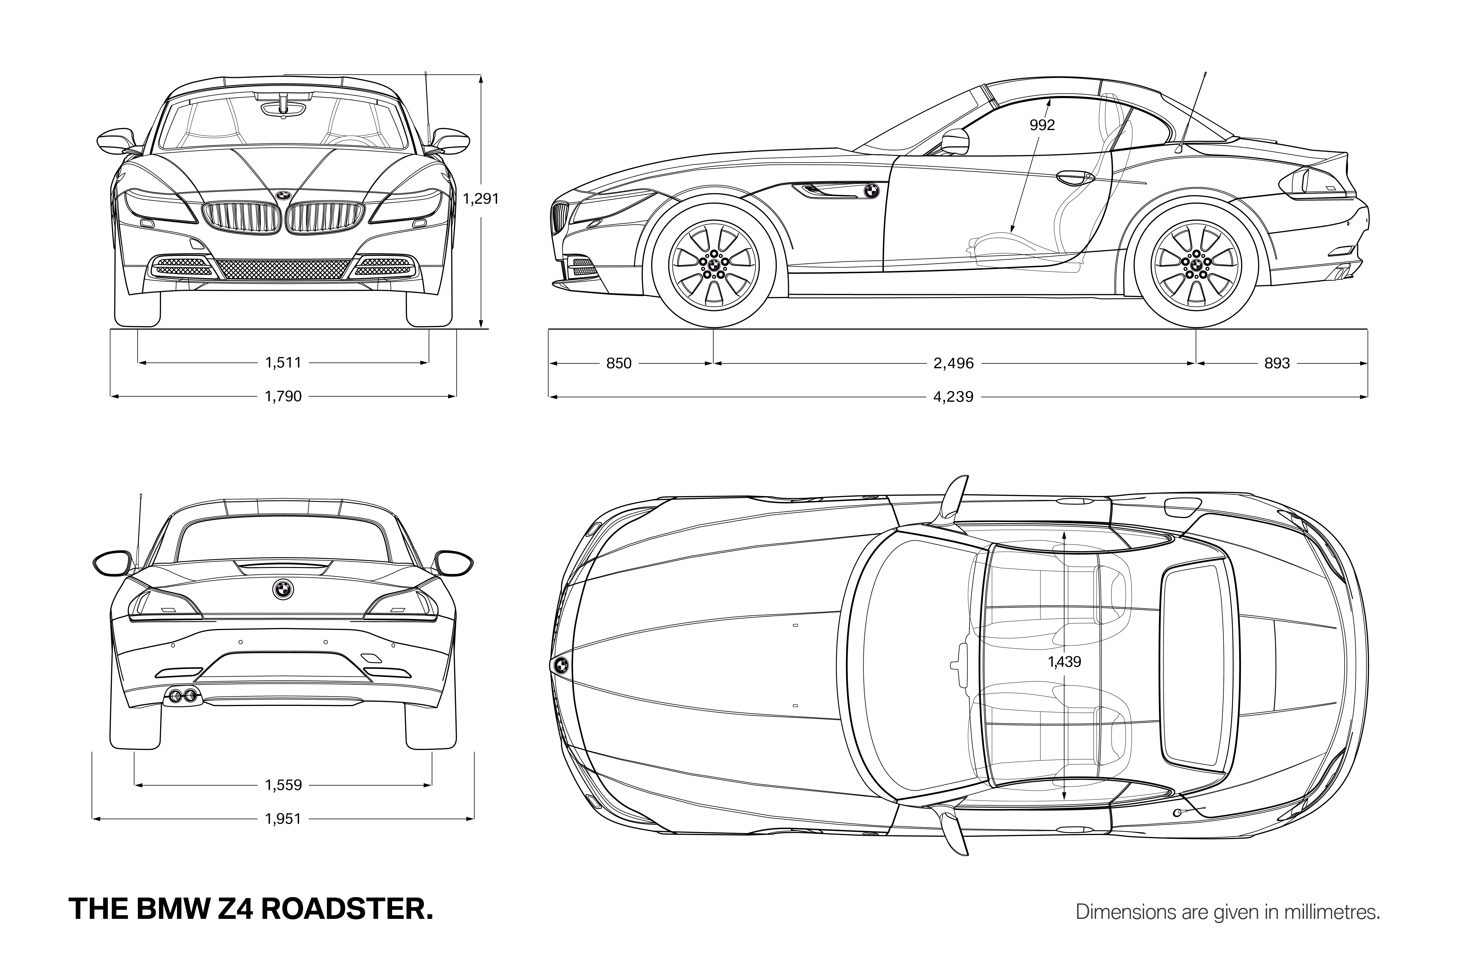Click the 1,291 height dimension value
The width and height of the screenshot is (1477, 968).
pos(481,199)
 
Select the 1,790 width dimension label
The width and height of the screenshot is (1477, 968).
pos(284,396)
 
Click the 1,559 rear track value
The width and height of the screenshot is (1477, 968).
pos(284,785)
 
